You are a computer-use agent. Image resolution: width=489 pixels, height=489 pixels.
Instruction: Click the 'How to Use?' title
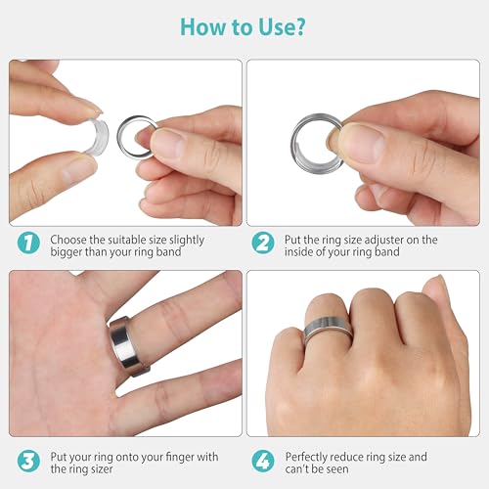tap(244, 26)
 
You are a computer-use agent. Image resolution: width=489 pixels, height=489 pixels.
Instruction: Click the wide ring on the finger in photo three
tap(125, 348)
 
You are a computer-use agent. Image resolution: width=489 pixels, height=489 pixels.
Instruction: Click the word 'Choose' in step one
tap(70, 240)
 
